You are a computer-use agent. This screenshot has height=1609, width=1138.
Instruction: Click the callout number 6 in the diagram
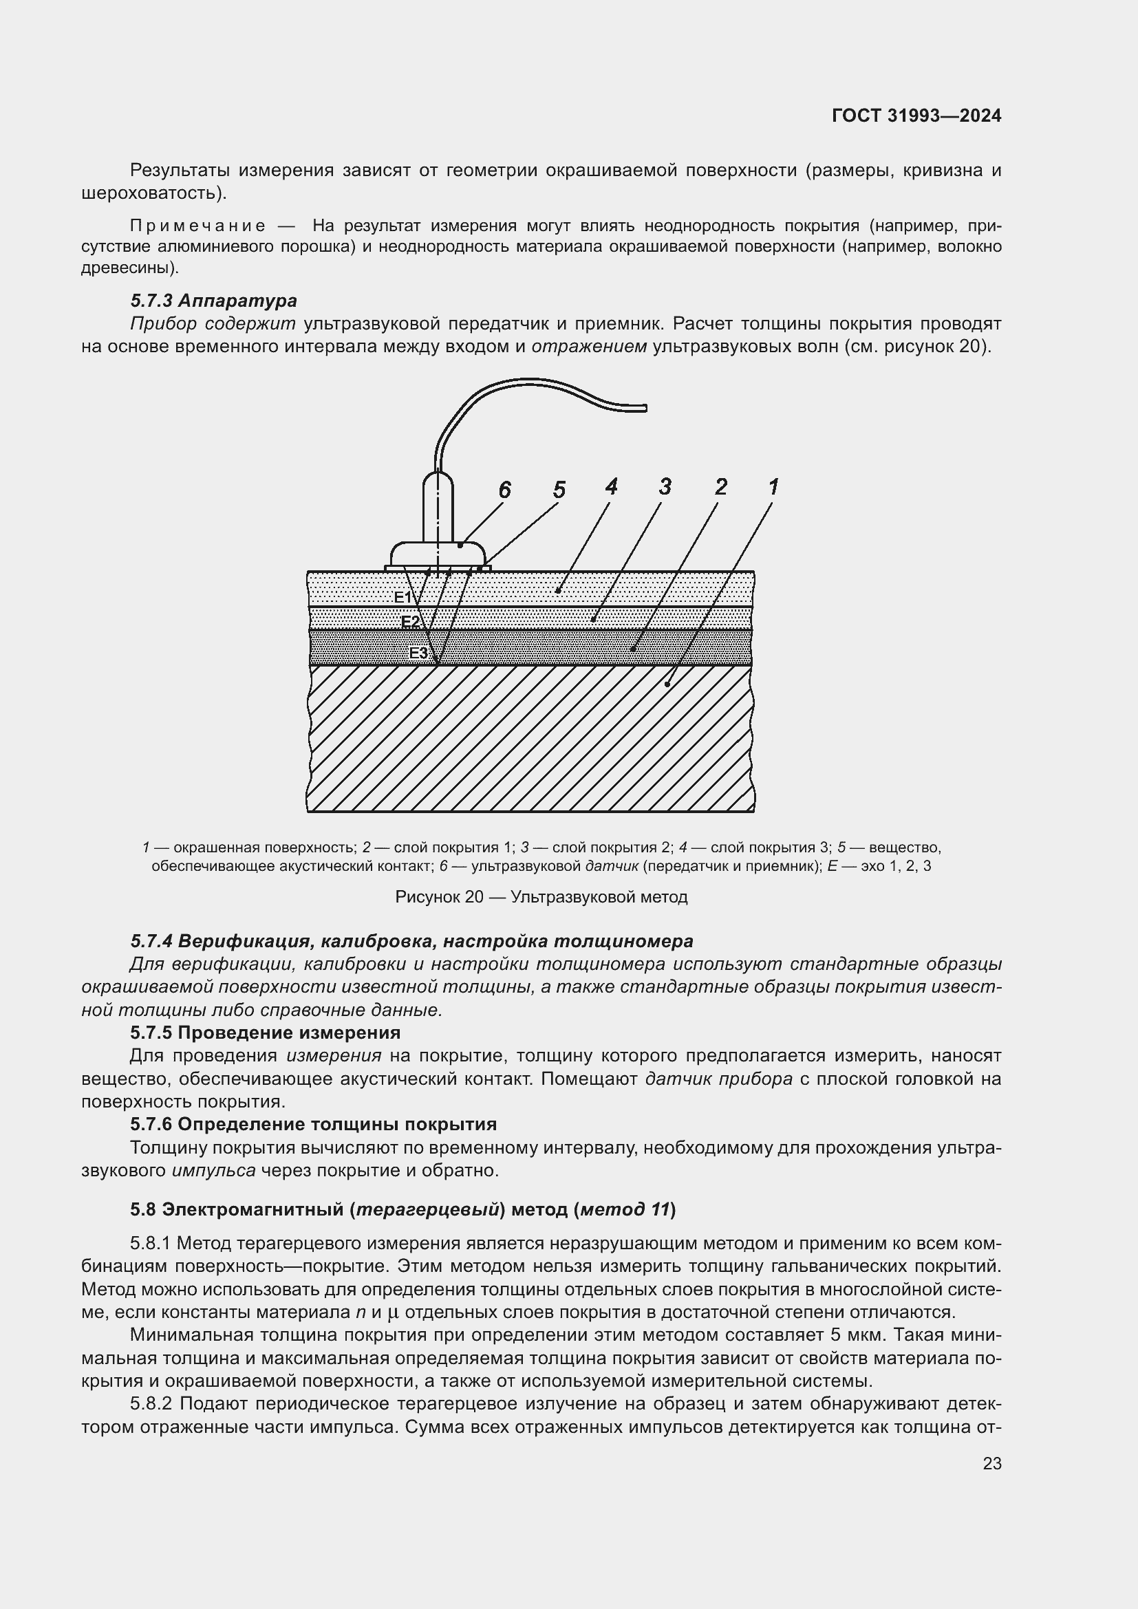click(504, 490)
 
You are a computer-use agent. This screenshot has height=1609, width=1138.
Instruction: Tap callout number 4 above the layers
click(611, 486)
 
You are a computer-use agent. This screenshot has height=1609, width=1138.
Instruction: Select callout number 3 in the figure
click(665, 486)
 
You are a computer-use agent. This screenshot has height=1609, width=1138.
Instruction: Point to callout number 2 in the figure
click(720, 486)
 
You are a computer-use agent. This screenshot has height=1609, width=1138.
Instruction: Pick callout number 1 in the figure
click(773, 486)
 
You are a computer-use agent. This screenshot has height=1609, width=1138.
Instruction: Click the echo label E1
click(402, 597)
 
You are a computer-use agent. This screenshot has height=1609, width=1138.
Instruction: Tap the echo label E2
click(410, 623)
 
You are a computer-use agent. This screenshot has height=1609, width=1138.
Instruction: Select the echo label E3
click(418, 653)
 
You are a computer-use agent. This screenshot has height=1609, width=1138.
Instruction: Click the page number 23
click(991, 1463)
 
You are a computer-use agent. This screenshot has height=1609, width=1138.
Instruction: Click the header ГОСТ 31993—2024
click(916, 116)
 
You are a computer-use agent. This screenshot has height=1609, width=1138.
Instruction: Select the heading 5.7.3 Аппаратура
click(214, 301)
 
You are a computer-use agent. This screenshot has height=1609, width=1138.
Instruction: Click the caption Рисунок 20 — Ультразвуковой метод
click(541, 897)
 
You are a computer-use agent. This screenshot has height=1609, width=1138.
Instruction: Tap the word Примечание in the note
click(197, 226)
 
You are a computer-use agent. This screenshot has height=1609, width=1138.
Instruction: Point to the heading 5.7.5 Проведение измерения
click(265, 1033)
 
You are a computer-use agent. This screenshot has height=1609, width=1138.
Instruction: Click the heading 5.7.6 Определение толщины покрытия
click(313, 1124)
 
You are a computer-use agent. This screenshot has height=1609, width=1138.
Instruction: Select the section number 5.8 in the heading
click(143, 1209)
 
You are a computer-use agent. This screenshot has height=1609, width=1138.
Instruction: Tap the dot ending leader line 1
click(667, 684)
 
